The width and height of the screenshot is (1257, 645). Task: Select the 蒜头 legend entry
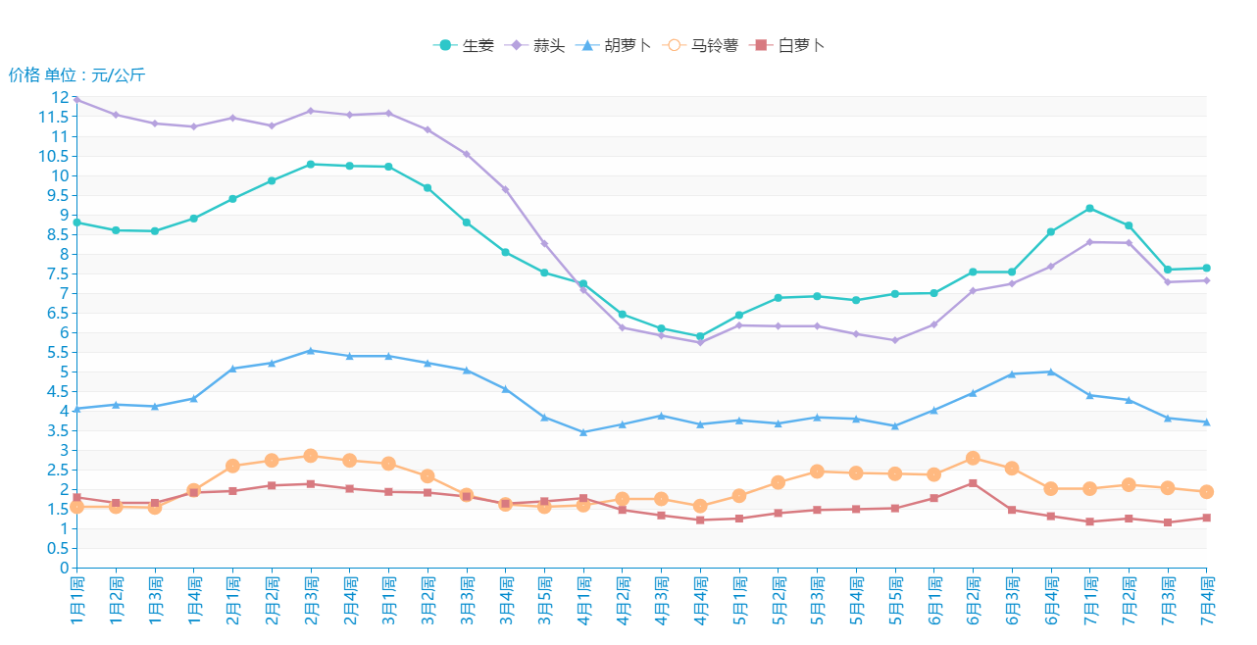pos(535,45)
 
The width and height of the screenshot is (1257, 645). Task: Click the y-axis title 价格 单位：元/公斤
pos(76,74)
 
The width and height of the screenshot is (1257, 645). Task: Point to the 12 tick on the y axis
pos(60,98)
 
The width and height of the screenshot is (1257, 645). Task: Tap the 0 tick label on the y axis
pos(64,568)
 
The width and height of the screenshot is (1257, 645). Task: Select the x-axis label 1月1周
pos(76,601)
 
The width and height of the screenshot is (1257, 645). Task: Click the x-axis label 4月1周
pos(583,601)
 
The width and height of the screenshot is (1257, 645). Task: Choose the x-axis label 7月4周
pos(1207,601)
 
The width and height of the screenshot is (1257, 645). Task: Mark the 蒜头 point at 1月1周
pos(76,99)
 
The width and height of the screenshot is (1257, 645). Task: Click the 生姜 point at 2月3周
pos(311,165)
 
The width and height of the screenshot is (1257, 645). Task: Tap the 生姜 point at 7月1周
pos(1089,208)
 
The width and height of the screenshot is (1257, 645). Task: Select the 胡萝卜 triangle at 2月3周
pos(311,350)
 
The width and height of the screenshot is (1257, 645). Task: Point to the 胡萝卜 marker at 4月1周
pos(583,432)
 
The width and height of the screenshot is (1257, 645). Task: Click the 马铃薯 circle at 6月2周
pos(973,458)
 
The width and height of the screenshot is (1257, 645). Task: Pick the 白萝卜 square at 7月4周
pos(1207,518)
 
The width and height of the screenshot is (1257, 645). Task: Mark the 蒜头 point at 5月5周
pos(895,340)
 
